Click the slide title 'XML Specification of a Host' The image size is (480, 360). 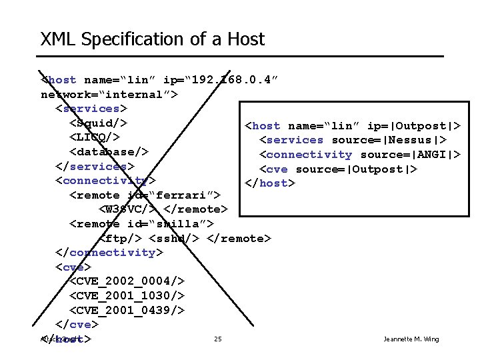click(152, 39)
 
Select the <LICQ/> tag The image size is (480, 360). click(95, 137)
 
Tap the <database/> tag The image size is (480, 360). click(109, 151)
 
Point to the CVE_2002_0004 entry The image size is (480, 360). click(127, 281)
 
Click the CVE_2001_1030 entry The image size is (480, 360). click(127, 296)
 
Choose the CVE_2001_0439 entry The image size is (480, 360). click(127, 311)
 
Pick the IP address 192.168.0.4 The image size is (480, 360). click(229, 80)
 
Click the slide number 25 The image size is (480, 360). click(218, 339)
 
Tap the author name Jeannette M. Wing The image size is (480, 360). click(411, 339)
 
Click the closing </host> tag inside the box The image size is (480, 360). click(269, 183)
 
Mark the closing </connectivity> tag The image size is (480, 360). click(109, 253)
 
